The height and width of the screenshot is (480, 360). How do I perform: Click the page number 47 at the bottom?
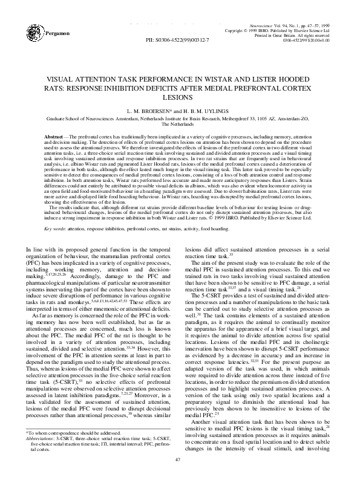pyautogui.click(x=180, y=460)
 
